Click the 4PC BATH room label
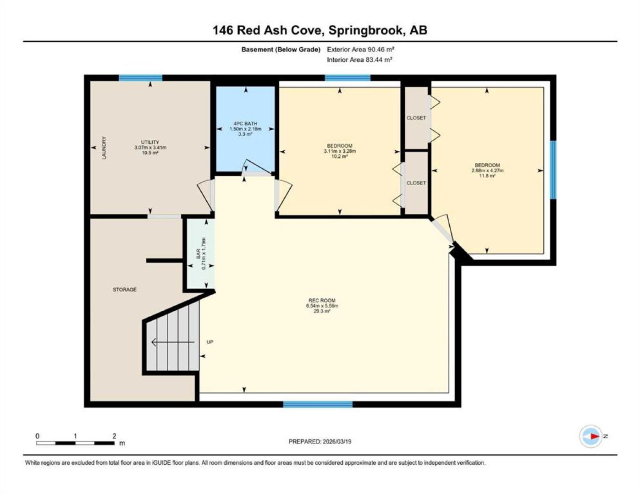(x=245, y=124)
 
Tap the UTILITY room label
(x=150, y=142)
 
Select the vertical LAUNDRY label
(x=104, y=148)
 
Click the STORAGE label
(x=125, y=290)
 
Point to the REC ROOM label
(x=322, y=300)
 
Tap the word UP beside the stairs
(x=210, y=342)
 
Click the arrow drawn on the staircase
(x=173, y=342)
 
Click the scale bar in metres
(x=75, y=443)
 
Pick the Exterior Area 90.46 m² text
(x=360, y=49)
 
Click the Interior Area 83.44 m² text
(x=359, y=60)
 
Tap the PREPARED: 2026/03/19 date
(x=320, y=442)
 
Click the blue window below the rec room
(x=318, y=404)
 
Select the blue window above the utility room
(x=140, y=78)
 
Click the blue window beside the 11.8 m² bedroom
(x=553, y=170)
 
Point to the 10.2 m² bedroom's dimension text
(x=340, y=151)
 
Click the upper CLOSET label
(x=416, y=118)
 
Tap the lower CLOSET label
(x=416, y=183)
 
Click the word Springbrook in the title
(x=365, y=30)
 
